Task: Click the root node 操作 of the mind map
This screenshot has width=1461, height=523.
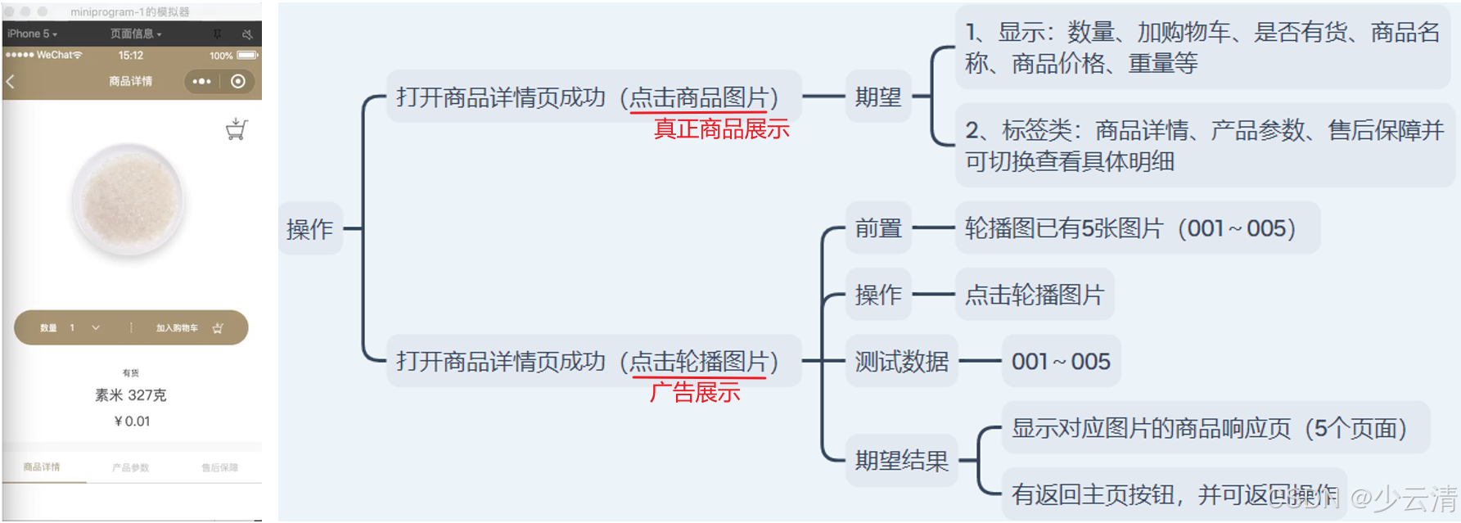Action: (x=309, y=229)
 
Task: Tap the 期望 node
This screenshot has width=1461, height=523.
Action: (x=878, y=97)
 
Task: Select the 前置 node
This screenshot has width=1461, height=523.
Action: (x=878, y=228)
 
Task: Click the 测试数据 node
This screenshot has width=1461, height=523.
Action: (x=901, y=361)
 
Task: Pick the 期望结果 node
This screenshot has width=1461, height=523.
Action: (x=901, y=461)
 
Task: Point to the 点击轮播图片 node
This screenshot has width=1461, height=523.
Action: (x=1034, y=295)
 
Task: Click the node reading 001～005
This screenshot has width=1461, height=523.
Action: (x=1061, y=361)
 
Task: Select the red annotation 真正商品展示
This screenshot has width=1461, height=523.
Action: (x=721, y=129)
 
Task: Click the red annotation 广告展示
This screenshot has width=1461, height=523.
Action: (x=695, y=393)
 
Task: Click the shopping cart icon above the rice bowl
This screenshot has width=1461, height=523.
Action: (x=237, y=129)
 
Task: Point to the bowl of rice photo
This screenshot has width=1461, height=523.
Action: (x=129, y=201)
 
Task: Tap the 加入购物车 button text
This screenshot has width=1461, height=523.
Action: (x=177, y=328)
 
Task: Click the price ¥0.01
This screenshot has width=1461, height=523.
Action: (x=132, y=422)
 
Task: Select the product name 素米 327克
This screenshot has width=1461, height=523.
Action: (x=131, y=395)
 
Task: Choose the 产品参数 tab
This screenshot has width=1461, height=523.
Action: (x=131, y=467)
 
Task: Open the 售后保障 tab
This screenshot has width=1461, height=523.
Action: (x=219, y=467)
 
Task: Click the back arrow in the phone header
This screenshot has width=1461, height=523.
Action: (x=11, y=82)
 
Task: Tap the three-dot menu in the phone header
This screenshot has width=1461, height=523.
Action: (x=201, y=82)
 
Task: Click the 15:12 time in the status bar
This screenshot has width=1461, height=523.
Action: (x=130, y=56)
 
